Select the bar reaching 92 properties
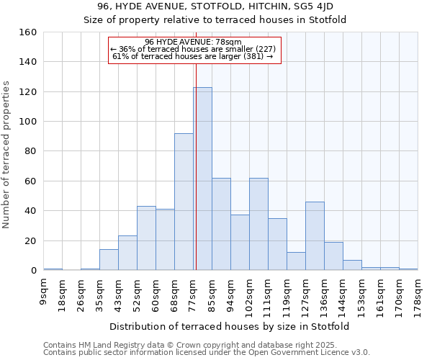pyautogui.click(x=184, y=202)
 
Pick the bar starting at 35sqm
pyautogui.click(x=109, y=259)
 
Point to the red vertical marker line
pyautogui.click(x=196, y=166)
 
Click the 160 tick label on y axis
pyautogui.click(x=28, y=32)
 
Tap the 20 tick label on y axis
pyautogui.click(x=31, y=240)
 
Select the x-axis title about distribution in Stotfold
pyautogui.click(x=229, y=326)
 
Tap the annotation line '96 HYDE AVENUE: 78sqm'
pyautogui.click(x=193, y=42)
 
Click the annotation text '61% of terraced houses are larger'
pyautogui.click(x=193, y=56)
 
